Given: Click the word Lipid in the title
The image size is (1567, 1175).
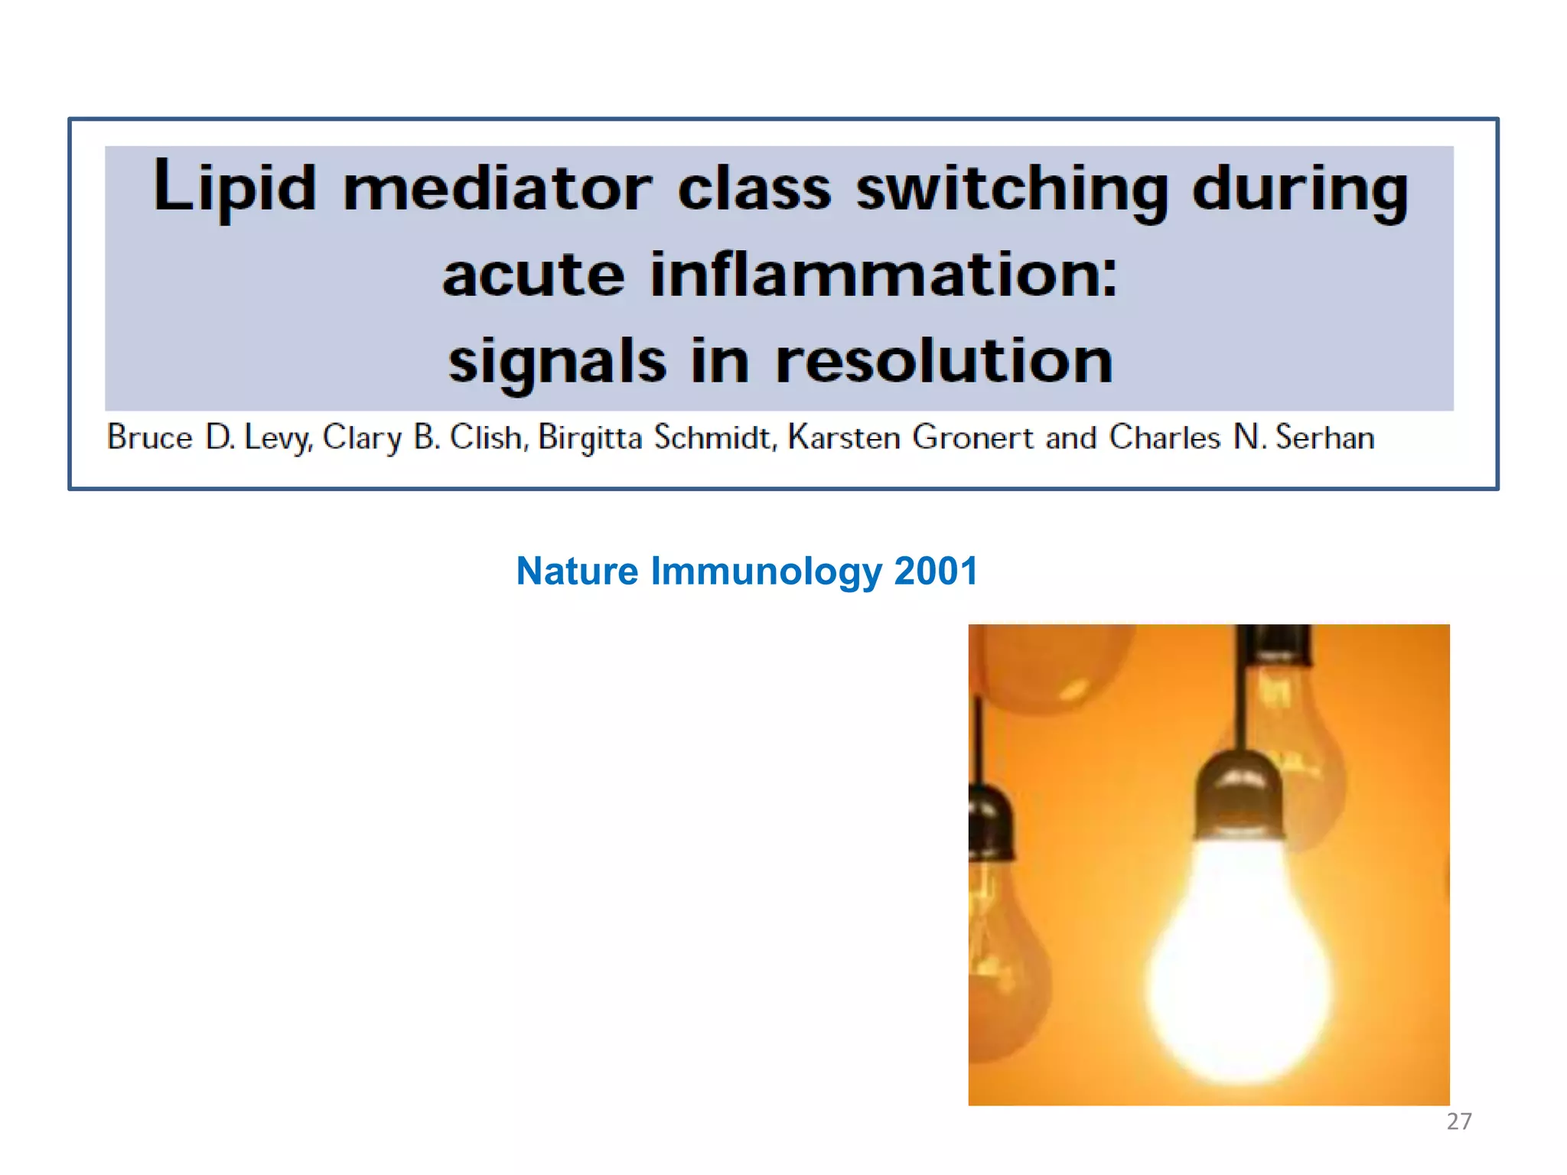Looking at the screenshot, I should [234, 187].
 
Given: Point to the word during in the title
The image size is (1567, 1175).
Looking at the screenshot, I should [1300, 189].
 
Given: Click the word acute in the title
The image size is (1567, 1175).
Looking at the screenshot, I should [533, 275].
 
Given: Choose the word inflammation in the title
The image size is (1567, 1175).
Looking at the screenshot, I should [884, 275].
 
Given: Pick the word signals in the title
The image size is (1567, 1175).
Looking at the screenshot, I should [557, 362].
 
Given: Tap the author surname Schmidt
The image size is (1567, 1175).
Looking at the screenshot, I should [715, 438].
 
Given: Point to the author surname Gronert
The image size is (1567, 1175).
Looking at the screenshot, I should [972, 438].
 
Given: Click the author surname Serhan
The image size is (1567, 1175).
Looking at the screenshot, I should [1324, 438].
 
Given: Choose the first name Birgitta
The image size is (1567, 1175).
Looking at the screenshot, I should [590, 438].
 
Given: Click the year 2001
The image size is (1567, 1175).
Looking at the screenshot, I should [936, 571].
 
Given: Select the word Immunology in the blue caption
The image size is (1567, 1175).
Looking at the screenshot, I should [766, 572].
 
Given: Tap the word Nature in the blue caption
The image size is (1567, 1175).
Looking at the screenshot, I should [577, 571].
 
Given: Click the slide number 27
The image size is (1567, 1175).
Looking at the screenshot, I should [1458, 1121].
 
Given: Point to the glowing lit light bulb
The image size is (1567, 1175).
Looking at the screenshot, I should [1240, 964].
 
